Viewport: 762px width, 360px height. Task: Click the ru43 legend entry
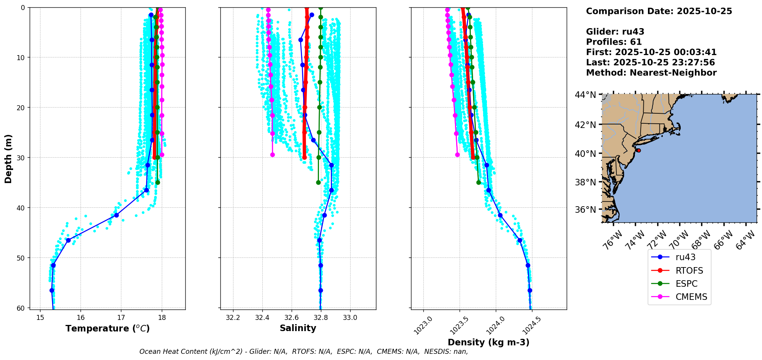click(685, 257)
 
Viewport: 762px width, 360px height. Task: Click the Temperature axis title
click(107, 328)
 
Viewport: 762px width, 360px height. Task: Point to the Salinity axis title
click(298, 328)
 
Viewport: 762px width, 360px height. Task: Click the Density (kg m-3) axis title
click(488, 342)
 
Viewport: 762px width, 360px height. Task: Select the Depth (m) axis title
click(8, 158)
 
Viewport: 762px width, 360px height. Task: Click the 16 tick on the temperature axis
click(81, 318)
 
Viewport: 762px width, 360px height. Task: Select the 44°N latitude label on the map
click(585, 95)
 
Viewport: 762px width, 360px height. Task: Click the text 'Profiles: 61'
click(614, 42)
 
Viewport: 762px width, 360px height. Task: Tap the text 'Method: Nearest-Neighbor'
click(651, 73)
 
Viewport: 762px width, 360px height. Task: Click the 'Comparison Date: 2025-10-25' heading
click(659, 11)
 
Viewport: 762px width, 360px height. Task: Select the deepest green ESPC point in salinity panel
click(318, 182)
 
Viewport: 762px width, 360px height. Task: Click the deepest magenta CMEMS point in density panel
click(457, 155)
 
